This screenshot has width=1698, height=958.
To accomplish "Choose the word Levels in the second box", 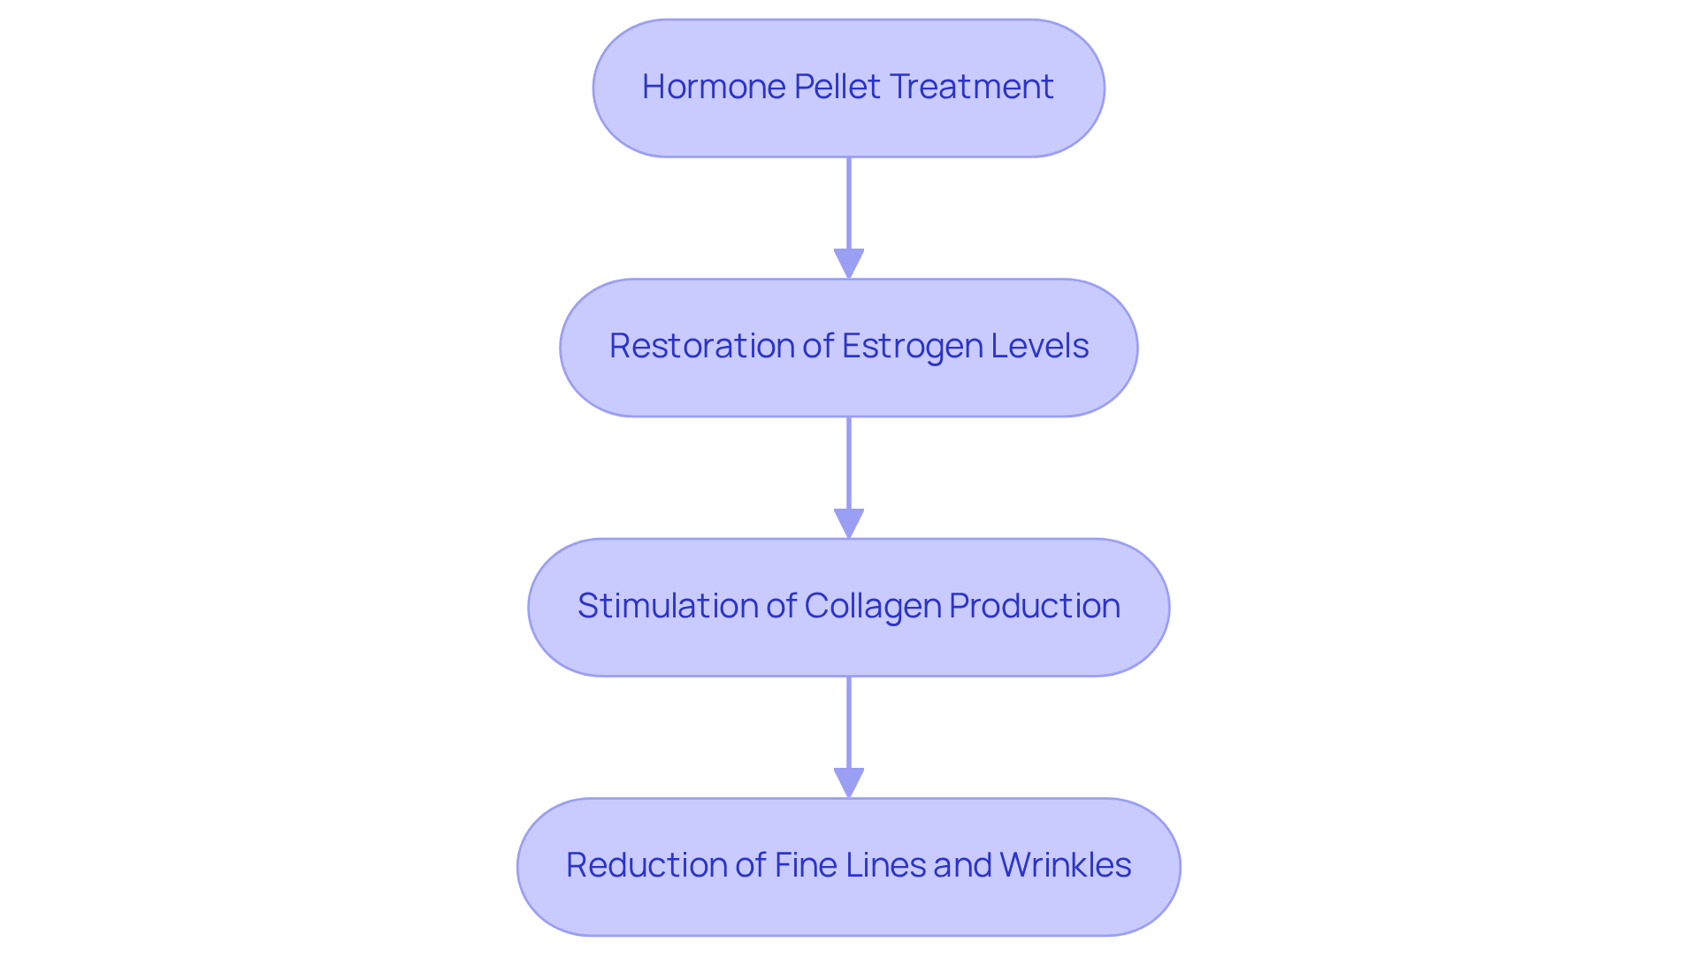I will (x=1040, y=346).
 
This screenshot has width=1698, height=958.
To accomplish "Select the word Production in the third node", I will (x=1035, y=606).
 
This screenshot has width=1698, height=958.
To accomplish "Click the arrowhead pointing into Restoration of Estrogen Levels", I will (x=849, y=264).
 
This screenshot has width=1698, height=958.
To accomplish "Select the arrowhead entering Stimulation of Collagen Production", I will (x=849, y=523).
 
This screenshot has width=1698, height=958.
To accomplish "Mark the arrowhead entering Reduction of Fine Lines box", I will (x=849, y=782).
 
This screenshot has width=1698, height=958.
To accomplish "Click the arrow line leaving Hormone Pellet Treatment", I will (x=849, y=203).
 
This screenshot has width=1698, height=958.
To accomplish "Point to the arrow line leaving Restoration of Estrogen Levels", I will (x=849, y=463).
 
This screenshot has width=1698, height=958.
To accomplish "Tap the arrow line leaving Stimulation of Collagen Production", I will (x=849, y=722).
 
